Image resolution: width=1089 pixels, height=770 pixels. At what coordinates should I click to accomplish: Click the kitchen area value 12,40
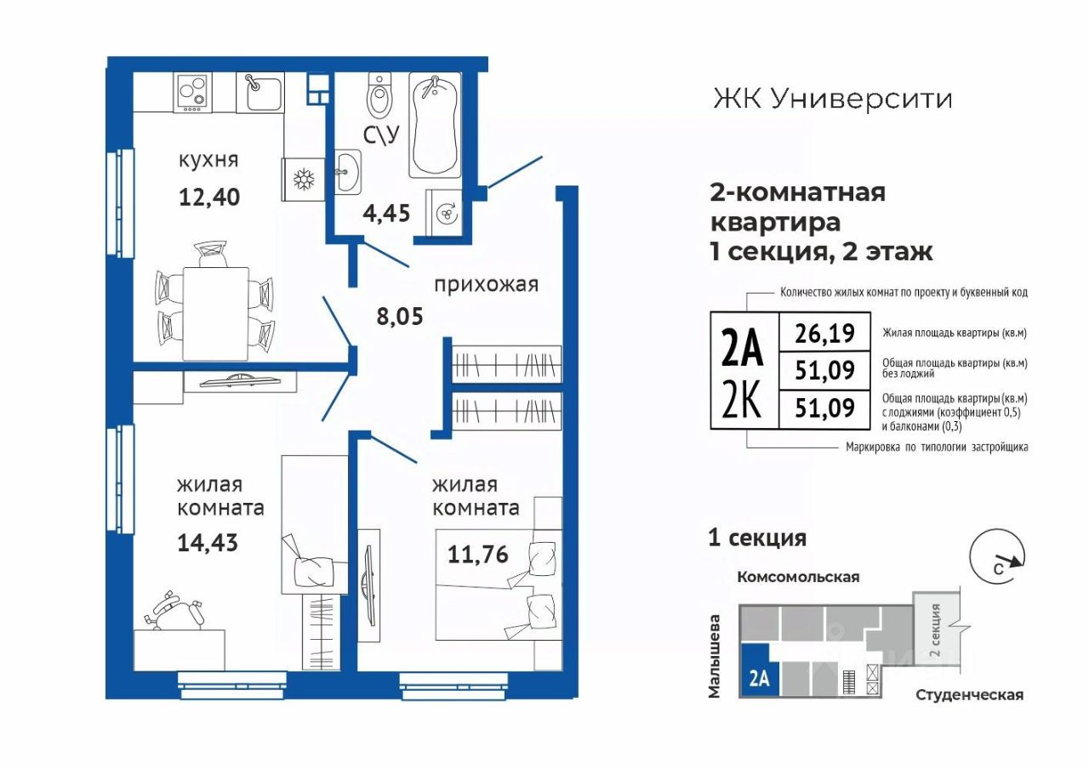[209, 197]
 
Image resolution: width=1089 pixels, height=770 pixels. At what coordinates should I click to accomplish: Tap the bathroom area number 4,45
[386, 213]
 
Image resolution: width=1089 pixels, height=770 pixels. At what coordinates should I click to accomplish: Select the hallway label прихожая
[486, 285]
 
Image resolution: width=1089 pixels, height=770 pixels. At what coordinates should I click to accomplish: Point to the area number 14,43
[208, 543]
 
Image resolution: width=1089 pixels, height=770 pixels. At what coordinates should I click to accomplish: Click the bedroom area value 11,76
[478, 554]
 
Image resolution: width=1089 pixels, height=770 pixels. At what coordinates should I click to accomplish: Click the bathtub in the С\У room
[435, 124]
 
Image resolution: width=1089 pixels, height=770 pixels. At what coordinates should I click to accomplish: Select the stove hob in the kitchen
[192, 93]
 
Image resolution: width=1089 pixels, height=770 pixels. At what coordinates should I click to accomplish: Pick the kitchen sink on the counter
[260, 93]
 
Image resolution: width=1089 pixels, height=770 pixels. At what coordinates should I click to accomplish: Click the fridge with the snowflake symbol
[304, 179]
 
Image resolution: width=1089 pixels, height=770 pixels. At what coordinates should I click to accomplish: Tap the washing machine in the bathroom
[444, 213]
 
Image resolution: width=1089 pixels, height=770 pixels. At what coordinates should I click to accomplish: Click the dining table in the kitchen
[216, 314]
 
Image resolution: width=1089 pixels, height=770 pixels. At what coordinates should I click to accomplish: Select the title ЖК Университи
[832, 100]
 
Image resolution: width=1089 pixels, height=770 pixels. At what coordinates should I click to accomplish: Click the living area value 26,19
[824, 333]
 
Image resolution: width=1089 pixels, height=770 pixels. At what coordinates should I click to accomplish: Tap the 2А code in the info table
[743, 348]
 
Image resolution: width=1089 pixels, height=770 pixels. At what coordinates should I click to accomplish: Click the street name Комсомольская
[798, 577]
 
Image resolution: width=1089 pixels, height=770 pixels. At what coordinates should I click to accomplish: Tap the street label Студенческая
[969, 695]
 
